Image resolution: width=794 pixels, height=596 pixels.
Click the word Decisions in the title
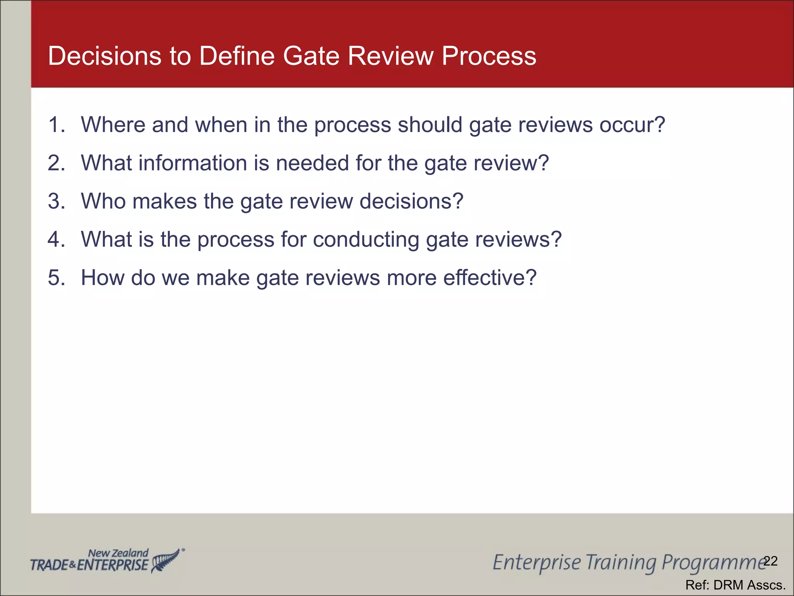104,56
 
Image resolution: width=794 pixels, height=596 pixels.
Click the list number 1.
56,125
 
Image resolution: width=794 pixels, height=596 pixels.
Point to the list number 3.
56,201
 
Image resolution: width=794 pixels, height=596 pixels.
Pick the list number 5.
56,278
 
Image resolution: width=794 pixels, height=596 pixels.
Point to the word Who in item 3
103,201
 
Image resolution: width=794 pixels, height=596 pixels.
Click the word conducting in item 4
366,239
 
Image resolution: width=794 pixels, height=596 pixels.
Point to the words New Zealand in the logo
118,553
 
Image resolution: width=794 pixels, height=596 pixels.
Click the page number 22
770,561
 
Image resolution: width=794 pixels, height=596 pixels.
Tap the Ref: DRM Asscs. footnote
735,585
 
